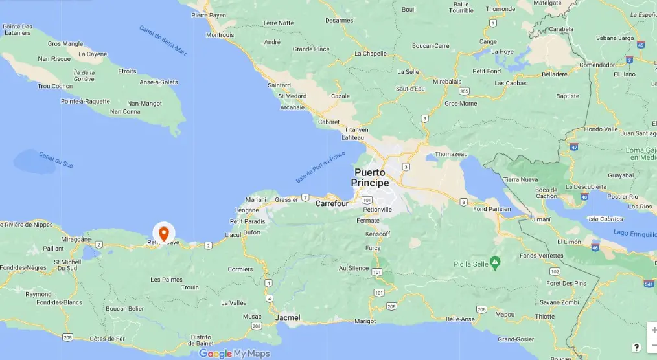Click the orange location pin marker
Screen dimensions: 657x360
coord(164,232)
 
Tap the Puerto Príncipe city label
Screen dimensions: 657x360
coord(370,177)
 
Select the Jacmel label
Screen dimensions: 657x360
coord(288,317)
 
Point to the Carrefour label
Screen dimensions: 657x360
coord(332,203)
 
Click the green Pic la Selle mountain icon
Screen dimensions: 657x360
coord(495,262)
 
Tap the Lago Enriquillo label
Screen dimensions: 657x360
coord(632,232)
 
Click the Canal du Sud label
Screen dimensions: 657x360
coord(56,159)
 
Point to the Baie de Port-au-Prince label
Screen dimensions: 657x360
coord(321,165)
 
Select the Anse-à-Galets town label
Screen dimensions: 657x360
coord(158,82)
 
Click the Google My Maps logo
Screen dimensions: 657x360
coord(234,354)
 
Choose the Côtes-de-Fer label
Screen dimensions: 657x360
coord(108,339)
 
